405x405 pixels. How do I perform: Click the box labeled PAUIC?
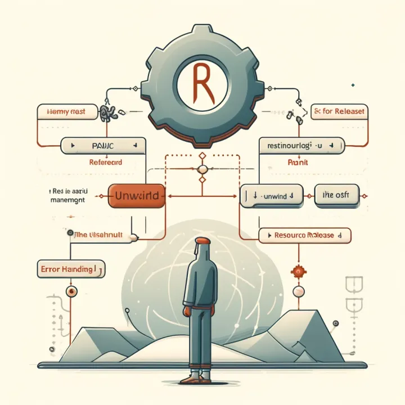tap(100, 146)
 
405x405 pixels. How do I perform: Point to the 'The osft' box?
tap(336, 195)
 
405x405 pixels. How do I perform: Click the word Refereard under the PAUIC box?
tap(106, 162)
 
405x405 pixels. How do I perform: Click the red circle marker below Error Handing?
tap(71, 291)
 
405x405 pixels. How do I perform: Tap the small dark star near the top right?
tap(353, 85)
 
